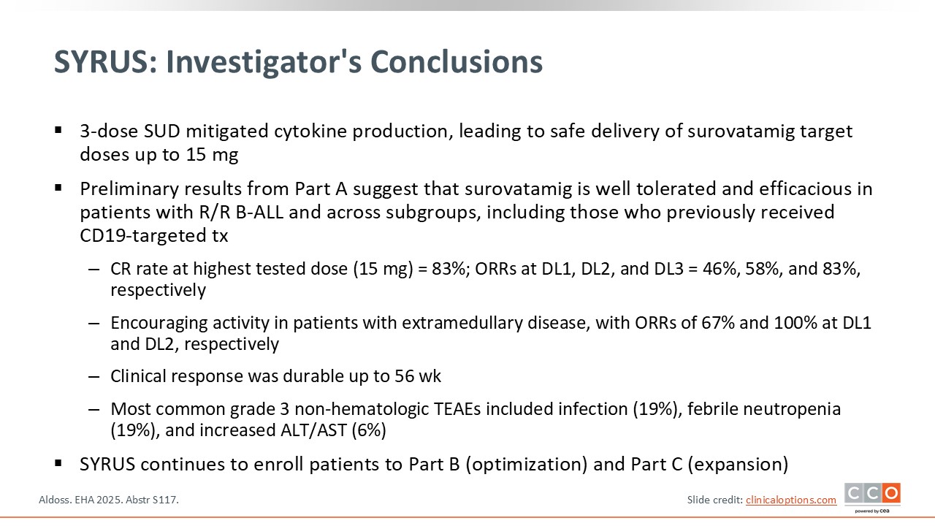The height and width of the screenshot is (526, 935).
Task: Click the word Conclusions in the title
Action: click(457, 62)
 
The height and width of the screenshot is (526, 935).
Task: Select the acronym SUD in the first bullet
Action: click(162, 131)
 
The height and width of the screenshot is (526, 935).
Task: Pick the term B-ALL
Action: click(259, 212)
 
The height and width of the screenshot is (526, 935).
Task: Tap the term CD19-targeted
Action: click(143, 235)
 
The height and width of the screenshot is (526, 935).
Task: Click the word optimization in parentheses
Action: click(527, 464)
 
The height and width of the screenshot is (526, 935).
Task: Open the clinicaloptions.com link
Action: click(791, 500)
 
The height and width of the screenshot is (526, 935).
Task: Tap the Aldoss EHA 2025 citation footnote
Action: click(109, 500)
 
